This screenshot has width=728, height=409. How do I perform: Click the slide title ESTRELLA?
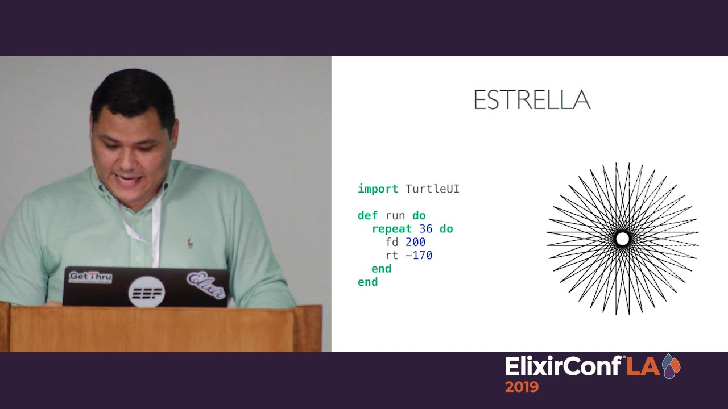(531, 101)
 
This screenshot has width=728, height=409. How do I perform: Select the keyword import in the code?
(378, 189)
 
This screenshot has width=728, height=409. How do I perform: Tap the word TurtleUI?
(432, 189)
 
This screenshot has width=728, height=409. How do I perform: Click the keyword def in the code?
(367, 216)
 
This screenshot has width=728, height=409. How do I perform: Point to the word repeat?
(391, 229)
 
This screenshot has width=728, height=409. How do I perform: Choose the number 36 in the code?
(425, 229)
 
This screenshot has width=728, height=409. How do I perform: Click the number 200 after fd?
(415, 243)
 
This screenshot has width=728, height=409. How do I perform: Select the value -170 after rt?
(419, 256)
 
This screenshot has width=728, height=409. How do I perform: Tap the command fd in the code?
(391, 243)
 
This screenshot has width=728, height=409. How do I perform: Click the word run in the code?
(395, 216)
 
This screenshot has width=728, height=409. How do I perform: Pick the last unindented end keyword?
(367, 282)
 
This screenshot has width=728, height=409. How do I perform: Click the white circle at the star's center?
(622, 239)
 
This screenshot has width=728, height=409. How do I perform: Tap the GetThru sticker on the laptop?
(90, 277)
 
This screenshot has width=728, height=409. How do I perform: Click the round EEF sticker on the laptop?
(147, 292)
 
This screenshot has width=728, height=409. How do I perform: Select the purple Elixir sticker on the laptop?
(206, 284)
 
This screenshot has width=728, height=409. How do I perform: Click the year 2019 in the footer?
(521, 387)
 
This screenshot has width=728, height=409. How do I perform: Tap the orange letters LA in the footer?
(643, 367)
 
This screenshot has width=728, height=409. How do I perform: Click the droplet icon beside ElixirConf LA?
(671, 366)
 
